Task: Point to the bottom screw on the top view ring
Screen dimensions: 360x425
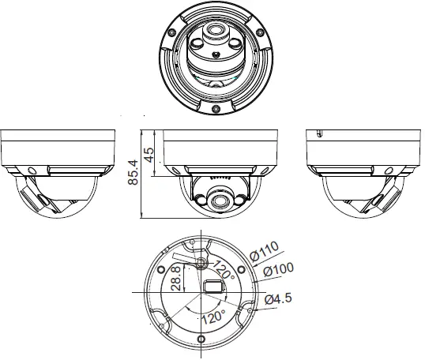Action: [x=214, y=107]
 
